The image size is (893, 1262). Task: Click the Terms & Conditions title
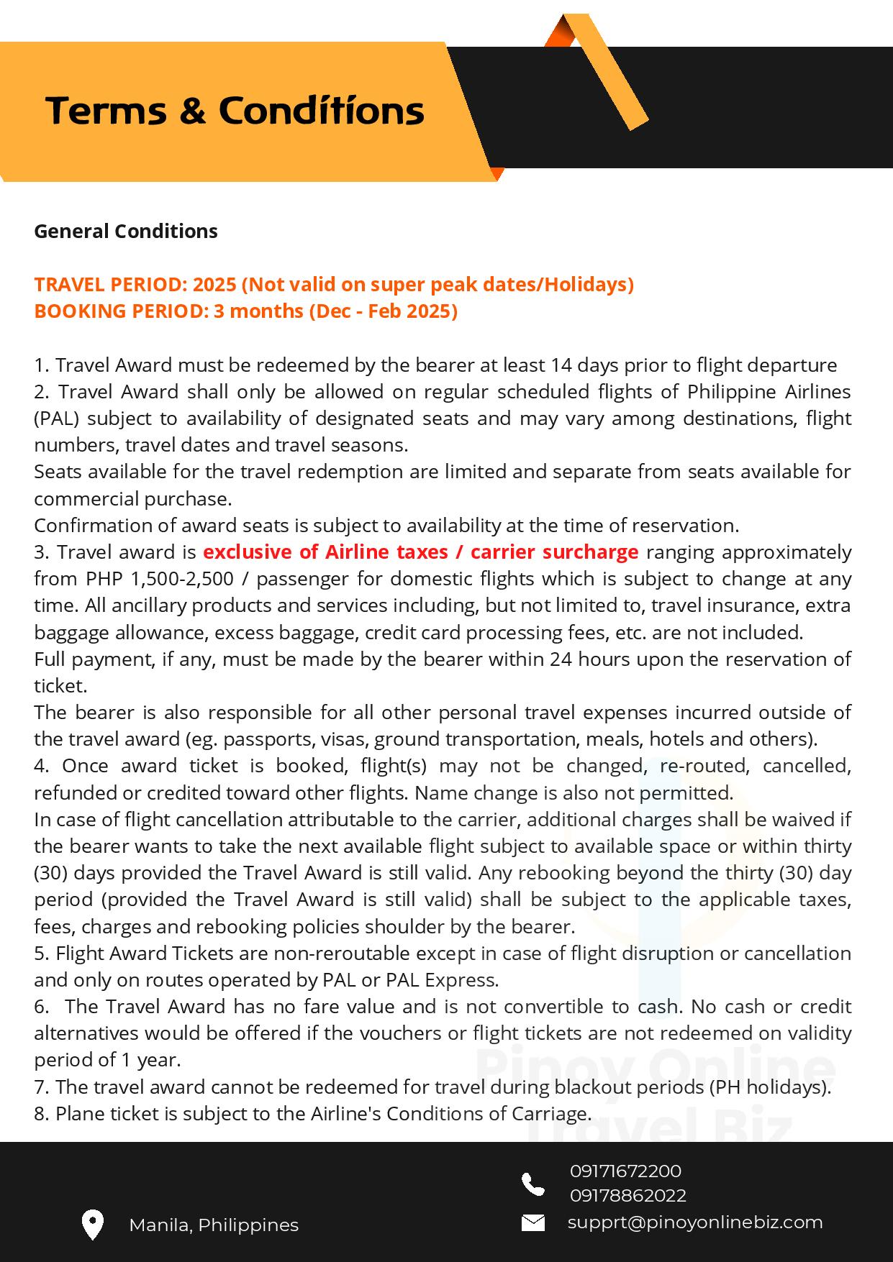(x=235, y=111)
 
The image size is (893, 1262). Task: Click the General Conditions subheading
(x=126, y=232)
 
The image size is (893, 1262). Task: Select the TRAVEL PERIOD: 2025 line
(x=334, y=285)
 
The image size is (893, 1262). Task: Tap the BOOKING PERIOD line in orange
(x=245, y=311)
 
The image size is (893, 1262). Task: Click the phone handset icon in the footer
(x=533, y=1184)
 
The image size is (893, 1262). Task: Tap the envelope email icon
(x=533, y=1222)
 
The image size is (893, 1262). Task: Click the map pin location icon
(x=93, y=1225)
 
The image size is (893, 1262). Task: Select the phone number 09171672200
(x=625, y=1171)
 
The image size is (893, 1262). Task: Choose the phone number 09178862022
(x=627, y=1196)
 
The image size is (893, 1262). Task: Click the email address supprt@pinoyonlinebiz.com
(x=695, y=1222)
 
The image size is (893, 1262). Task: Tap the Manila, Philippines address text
(x=214, y=1225)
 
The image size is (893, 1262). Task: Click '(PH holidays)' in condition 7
(x=769, y=1087)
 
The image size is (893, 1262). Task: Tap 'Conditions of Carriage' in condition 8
(x=489, y=1114)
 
